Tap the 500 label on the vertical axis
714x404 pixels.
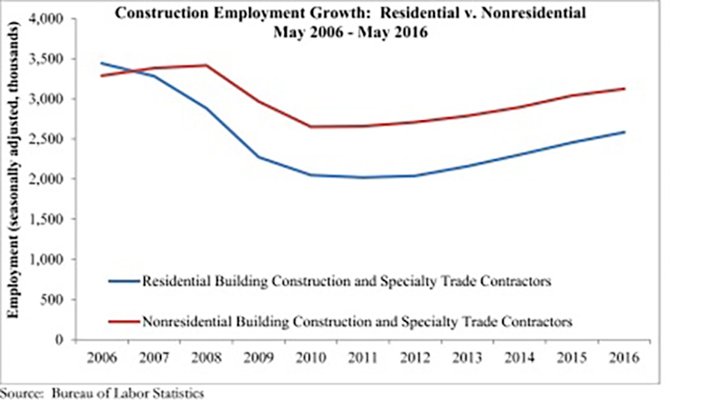[x=58, y=300]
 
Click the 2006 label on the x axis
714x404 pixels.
[x=102, y=358]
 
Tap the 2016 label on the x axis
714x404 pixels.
[x=624, y=358]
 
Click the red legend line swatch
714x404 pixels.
[x=123, y=322]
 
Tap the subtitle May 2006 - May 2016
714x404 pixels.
[x=350, y=33]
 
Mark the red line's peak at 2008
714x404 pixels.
[x=206, y=65]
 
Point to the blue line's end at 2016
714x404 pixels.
[x=624, y=132]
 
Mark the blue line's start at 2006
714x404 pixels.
[x=102, y=62]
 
